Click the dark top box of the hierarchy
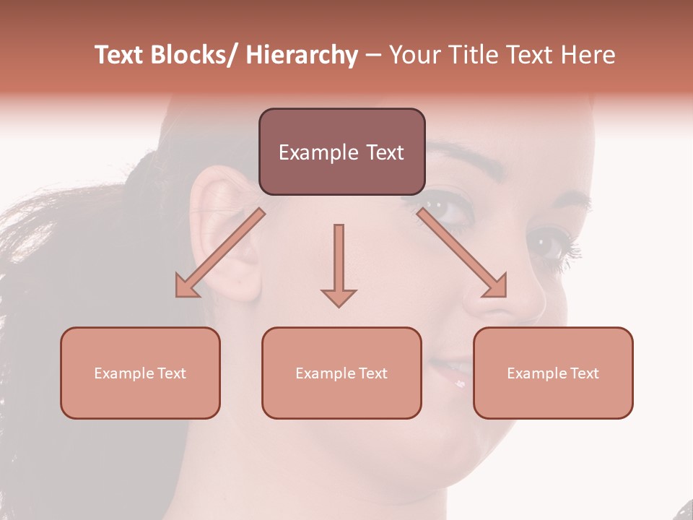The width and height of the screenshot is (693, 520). [x=341, y=152]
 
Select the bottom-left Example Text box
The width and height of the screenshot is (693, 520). [x=140, y=373]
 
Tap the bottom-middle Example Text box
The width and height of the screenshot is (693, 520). [x=341, y=373]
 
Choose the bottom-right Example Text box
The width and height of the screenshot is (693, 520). [x=553, y=373]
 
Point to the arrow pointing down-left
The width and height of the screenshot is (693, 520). [x=220, y=253]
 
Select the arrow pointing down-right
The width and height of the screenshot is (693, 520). [x=462, y=253]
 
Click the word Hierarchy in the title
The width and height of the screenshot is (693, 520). [x=302, y=55]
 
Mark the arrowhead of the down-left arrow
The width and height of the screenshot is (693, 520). [x=187, y=287]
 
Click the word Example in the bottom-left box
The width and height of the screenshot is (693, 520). [x=123, y=373]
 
